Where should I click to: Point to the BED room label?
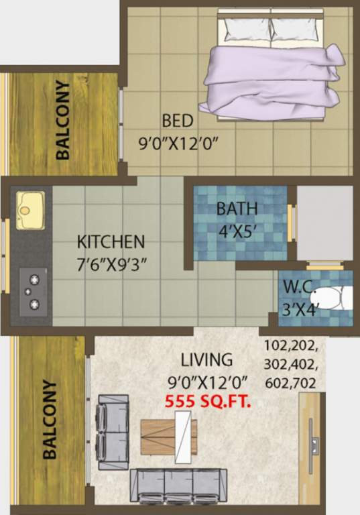point(178,121)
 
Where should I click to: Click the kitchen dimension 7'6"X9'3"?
point(111,262)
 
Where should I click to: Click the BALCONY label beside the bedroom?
point(63,120)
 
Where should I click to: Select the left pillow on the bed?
point(245,28)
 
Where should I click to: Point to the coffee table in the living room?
point(169,437)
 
